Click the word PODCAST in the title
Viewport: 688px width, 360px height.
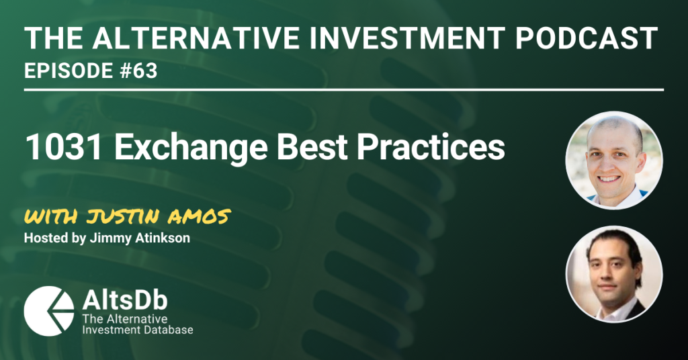pos(586,38)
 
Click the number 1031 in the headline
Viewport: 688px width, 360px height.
pos(64,147)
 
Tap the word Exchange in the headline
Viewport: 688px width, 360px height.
pos(191,147)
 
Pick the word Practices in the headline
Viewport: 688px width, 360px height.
pos(431,147)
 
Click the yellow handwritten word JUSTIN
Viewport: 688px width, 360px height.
pos(125,217)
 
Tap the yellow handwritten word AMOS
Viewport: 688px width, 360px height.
pos(201,217)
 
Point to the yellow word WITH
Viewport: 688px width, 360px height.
pos(51,217)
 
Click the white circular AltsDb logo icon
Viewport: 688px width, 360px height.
pos(48,312)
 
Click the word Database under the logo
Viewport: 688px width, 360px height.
pos(169,329)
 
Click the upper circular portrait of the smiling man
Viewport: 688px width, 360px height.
pos(614,160)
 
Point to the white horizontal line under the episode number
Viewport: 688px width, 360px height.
pos(344,90)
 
